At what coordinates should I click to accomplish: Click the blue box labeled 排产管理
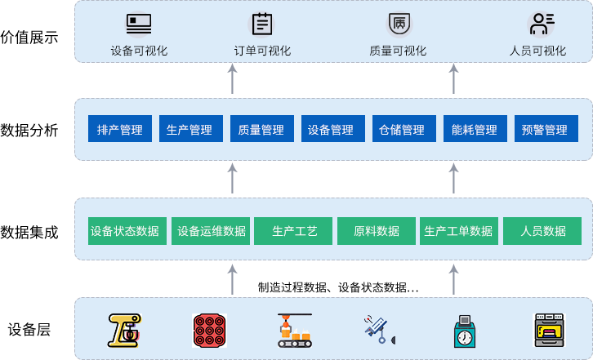point(120,130)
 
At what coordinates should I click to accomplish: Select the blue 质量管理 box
point(261,130)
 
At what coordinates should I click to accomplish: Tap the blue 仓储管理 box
point(402,130)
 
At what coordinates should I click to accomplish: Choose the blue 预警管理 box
point(544,130)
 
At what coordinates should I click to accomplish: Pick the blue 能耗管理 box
point(474,130)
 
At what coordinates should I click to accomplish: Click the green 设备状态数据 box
point(125,231)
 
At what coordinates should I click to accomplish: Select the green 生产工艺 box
point(295,231)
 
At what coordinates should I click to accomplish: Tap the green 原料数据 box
point(377,231)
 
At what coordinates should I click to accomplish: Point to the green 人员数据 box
point(543,231)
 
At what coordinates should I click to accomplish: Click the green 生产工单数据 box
point(458,231)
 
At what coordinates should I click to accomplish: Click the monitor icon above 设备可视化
point(138,24)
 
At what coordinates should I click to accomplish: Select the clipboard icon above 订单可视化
point(262,24)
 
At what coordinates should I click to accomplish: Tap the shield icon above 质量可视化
point(398,24)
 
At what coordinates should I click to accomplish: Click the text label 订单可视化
point(262,51)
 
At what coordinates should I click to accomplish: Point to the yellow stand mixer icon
point(125,330)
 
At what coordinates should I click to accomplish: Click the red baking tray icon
point(209,330)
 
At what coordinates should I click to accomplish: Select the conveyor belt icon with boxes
point(295,330)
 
